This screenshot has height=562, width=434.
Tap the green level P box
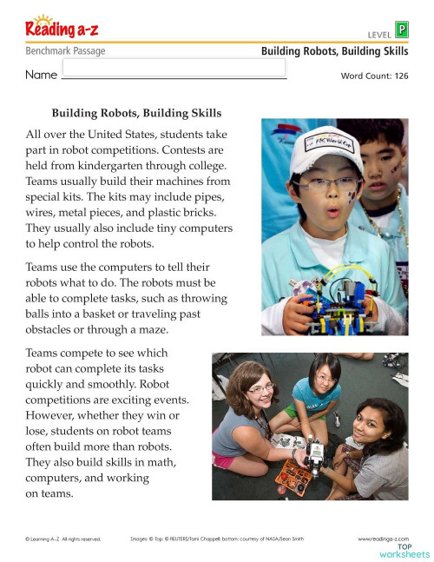click(401, 30)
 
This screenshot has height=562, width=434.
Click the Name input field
click(174, 69)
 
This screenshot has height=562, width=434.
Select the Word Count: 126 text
click(374, 76)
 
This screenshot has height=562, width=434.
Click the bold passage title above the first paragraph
click(136, 113)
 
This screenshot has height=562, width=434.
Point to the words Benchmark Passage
click(65, 51)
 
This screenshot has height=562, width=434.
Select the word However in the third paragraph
click(56, 414)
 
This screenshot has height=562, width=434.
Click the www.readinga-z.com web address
click(383, 539)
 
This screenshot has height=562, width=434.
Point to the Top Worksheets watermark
click(404, 550)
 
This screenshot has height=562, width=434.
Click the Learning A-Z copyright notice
click(63, 539)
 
